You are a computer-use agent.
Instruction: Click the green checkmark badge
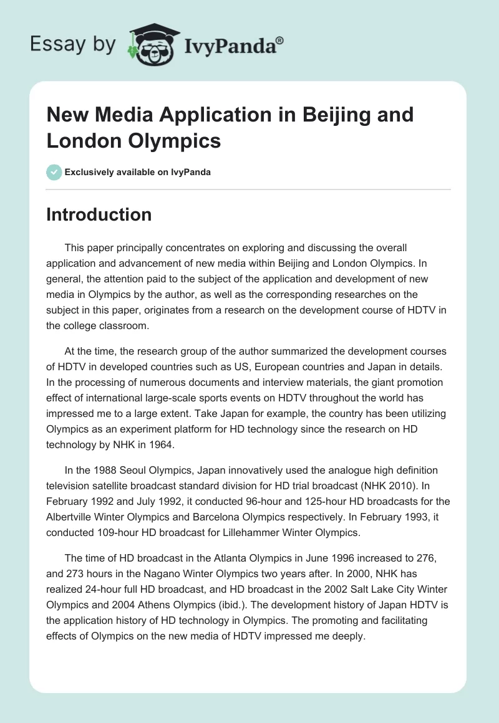pos(54,172)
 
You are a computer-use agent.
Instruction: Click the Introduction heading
pos(99,214)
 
